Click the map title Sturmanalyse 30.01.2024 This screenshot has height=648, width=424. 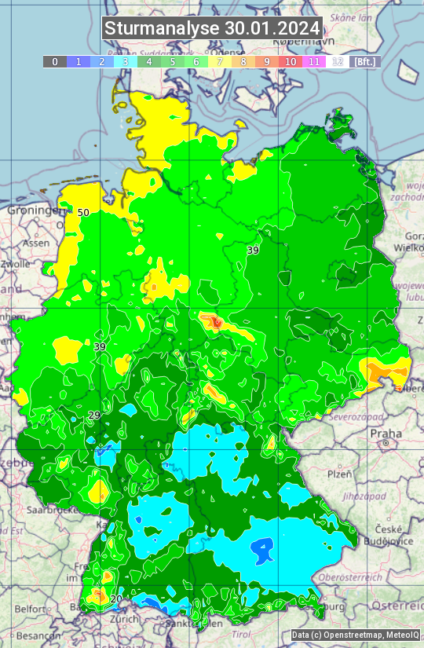212,28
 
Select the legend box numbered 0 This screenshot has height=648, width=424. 54,61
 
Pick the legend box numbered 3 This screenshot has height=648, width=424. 125,61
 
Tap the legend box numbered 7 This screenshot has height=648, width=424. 220,61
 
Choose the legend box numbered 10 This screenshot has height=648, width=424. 291,61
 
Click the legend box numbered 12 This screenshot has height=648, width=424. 338,61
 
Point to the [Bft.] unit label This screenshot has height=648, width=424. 365,61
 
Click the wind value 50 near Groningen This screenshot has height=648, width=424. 83,212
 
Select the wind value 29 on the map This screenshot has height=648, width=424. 94,415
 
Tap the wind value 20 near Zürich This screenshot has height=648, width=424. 116,599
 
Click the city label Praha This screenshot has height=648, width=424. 386,434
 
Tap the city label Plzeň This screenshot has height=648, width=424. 339,474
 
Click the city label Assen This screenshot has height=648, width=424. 35,243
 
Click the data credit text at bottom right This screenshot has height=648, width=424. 355,635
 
